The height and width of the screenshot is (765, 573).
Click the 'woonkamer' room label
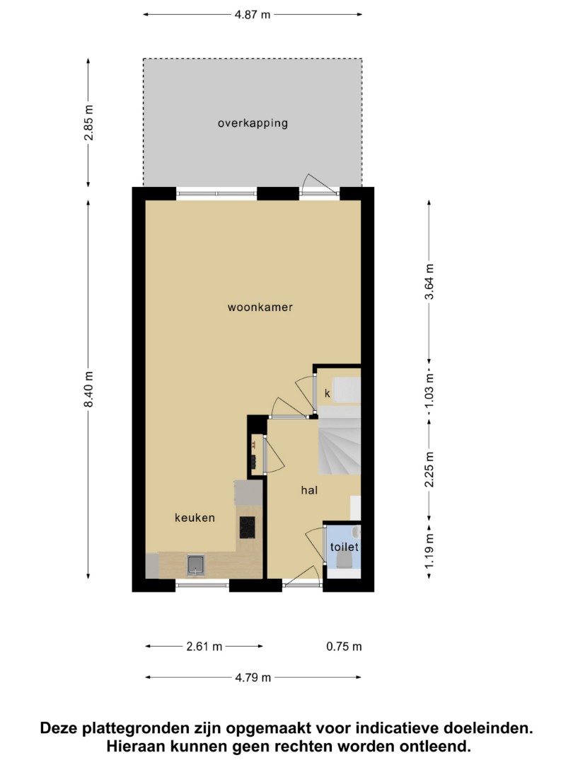pos(260,307)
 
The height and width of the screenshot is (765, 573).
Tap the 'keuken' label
pos(195,518)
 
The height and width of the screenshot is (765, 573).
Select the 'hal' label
pos(309,490)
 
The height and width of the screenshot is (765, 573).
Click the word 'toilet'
pos(345,547)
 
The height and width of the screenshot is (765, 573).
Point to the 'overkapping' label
pos(253,123)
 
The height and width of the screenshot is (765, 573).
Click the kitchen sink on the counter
pos(196,565)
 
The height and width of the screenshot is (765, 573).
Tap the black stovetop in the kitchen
pos(247,528)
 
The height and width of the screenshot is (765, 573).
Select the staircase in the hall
pos(340,440)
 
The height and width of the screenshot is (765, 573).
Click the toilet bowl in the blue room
pos(345,560)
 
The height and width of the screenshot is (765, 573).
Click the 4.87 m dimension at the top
pos(253,15)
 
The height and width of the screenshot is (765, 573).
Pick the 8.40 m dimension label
pos(88,389)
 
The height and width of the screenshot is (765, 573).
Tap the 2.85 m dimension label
pos(88,123)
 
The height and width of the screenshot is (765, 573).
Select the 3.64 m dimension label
pos(429,281)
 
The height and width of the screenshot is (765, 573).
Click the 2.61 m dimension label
pos(204,647)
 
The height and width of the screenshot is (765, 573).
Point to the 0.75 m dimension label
pos(344,647)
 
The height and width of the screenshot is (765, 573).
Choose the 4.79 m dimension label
pos(253,678)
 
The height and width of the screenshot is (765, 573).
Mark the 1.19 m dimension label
pos(429,551)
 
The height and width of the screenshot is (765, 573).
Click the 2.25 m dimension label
pos(429,470)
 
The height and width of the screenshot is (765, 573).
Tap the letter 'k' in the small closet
pos(328,392)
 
